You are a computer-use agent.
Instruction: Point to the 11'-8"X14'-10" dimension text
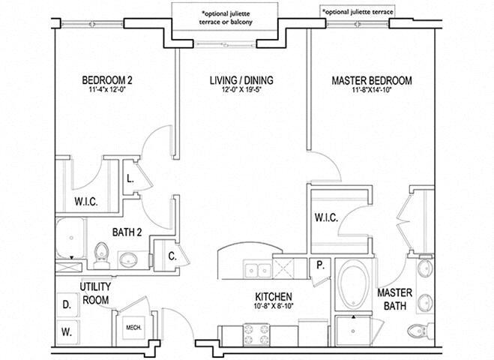[x=371, y=91]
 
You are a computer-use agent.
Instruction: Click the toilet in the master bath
[x=417, y=330]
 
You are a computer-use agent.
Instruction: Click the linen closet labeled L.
[x=130, y=178]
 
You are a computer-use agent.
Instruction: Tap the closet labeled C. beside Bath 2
[x=172, y=254]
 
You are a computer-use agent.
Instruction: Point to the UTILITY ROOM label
[x=95, y=292]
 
